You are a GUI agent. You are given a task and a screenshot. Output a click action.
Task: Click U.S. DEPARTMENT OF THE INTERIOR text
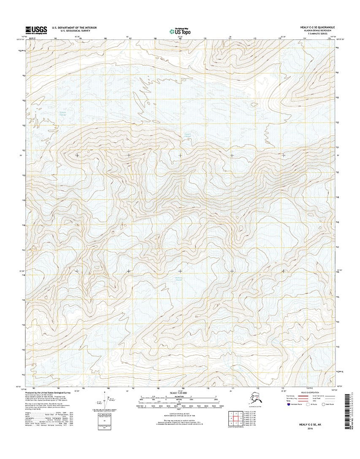click(x=74, y=27)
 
